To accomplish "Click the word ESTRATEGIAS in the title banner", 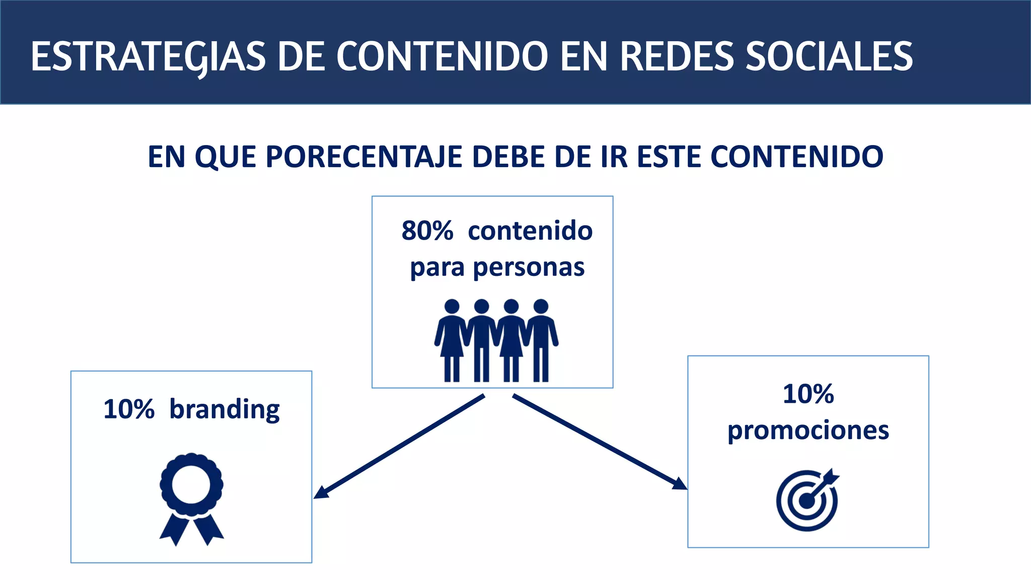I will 148,56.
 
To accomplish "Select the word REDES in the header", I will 677,56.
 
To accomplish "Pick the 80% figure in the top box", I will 427,231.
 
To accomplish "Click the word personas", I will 529,267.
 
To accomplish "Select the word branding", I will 225,409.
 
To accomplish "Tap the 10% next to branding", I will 129,409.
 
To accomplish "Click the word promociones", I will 808,430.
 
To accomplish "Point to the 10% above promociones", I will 808,394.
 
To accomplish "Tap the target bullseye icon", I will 807,499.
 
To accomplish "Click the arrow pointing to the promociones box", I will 599,442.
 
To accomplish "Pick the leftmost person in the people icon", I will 452,340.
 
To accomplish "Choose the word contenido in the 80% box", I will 530,231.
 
